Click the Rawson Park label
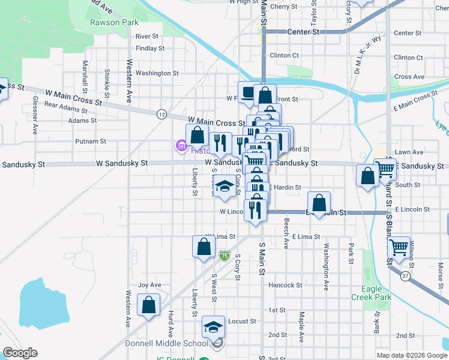110,22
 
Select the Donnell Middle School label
170,343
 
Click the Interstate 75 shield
224,256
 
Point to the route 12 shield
161,114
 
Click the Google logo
20,353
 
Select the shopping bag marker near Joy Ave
148,304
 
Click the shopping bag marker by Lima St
203,245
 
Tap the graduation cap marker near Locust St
213,326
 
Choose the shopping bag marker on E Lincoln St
319,202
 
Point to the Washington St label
157,73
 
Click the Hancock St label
285,285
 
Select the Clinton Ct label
285,55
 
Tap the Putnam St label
91,142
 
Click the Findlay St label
150,48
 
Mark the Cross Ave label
410,77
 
